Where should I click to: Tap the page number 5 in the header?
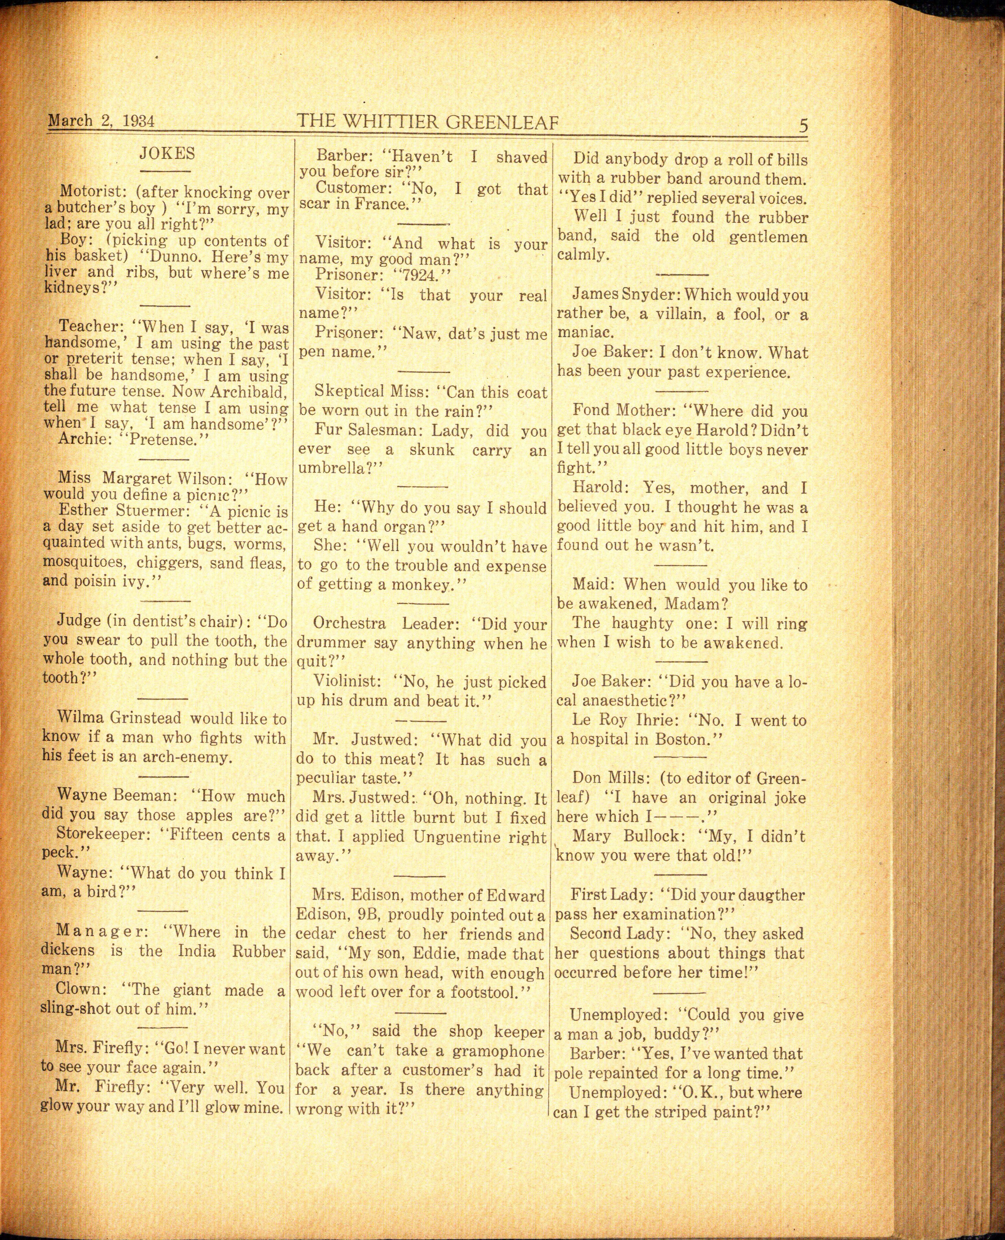(x=803, y=126)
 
